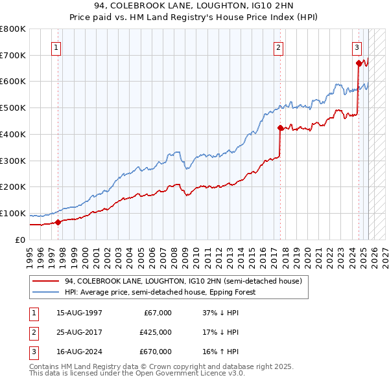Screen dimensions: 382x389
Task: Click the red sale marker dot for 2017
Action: pyautogui.click(x=280, y=128)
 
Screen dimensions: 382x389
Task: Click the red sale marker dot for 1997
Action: pyautogui.click(x=58, y=222)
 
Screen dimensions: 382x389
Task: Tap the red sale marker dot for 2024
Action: pyautogui.click(x=359, y=63)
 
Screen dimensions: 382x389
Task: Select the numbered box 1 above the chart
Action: pyautogui.click(x=57, y=47)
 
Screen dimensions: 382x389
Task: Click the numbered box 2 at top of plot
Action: pyautogui.click(x=278, y=47)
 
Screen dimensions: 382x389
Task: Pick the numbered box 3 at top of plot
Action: pyautogui.click(x=357, y=47)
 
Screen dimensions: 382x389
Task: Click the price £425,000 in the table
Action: pyautogui.click(x=156, y=332)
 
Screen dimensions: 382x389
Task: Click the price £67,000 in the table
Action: pyautogui.click(x=158, y=313)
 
